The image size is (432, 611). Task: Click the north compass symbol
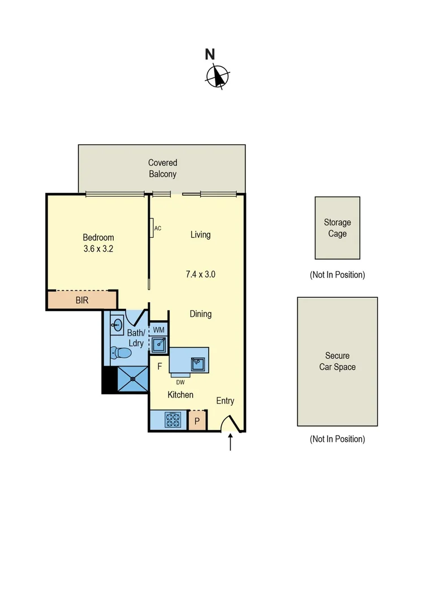coord(218,76)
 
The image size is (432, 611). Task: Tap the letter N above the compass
coord(210,54)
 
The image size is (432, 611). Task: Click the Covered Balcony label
coord(162,169)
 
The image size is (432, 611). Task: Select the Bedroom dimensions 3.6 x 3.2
coord(98,248)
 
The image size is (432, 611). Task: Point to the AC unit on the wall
coord(152,228)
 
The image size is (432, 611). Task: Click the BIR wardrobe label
coord(82,300)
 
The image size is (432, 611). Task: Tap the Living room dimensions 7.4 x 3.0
coord(201,274)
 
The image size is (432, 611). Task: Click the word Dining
coord(201,313)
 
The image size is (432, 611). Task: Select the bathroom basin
coord(118,325)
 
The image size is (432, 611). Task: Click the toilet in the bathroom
coord(121,354)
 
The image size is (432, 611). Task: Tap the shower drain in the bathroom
coord(132,379)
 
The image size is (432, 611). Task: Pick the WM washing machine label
coord(159,329)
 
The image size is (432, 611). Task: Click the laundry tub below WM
coord(158,343)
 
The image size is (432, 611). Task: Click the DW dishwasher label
coord(180,381)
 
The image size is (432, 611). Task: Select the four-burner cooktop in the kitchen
coord(172,420)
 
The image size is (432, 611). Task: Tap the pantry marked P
coord(196,421)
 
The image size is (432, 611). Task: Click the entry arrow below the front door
coord(230,442)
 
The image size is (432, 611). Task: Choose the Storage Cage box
coord(338,228)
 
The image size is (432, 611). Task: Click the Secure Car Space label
coord(337,362)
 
